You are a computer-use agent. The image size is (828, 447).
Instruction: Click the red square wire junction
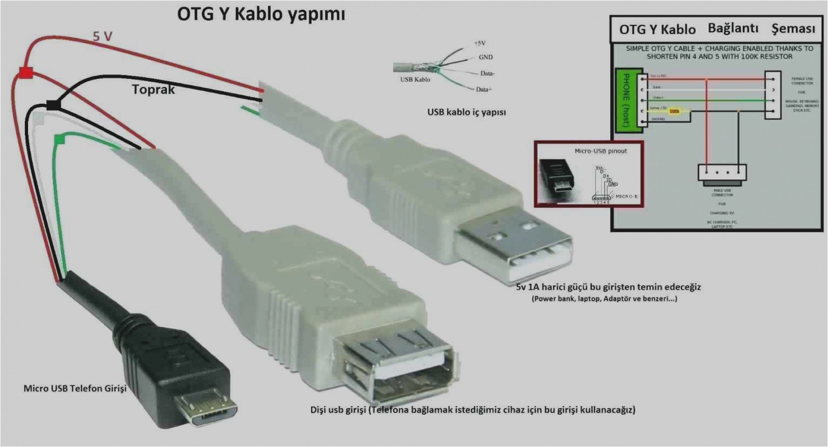tap(25, 72)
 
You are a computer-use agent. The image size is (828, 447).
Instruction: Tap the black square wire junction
tap(53, 105)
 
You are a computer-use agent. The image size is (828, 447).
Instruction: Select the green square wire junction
tap(59, 139)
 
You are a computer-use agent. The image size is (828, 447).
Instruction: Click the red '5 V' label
tap(102, 36)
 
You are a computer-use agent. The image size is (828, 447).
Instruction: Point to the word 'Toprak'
tap(153, 89)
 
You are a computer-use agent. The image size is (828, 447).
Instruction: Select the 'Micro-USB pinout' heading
tap(600, 151)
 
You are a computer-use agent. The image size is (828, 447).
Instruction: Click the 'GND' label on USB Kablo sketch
tap(485, 57)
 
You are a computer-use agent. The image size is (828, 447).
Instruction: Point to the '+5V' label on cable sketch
tap(479, 43)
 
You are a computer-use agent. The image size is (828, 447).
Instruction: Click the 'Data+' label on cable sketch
tap(484, 89)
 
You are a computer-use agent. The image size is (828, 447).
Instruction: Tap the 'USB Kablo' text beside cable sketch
tap(415, 79)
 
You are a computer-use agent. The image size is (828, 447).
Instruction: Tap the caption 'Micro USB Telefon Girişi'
tap(75, 388)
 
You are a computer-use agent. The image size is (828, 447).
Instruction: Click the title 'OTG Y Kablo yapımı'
tap(261, 14)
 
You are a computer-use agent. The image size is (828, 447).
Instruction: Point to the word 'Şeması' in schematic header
tap(793, 29)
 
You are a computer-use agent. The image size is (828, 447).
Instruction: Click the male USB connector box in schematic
tap(722, 173)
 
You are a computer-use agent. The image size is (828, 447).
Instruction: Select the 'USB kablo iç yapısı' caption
tap(466, 112)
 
